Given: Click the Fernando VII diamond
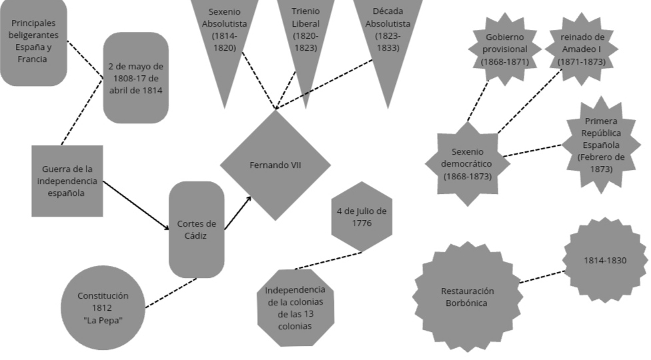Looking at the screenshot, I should (275, 165).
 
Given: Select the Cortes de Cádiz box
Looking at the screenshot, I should (197, 229).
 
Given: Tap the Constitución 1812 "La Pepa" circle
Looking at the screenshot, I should (103, 307).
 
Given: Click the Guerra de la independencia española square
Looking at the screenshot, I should (67, 181).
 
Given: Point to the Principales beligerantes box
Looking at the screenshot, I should (33, 41).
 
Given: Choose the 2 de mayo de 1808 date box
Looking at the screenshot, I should (136, 78).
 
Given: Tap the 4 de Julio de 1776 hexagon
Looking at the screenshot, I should (362, 217).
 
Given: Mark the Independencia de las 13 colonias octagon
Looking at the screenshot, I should (295, 308).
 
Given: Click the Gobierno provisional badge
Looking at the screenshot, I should (506, 49).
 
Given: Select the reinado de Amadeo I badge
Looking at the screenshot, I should (582, 49).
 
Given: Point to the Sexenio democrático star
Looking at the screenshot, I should (466, 163).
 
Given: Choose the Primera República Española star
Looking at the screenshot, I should (601, 145).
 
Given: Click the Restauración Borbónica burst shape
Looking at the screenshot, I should (467, 297).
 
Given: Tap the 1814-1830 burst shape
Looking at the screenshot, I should (605, 261).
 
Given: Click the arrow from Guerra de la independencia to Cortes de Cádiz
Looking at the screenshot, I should (137, 206).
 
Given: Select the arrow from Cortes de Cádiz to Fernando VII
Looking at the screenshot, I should (238, 213).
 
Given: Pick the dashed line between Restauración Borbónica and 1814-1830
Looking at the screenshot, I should (541, 277).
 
